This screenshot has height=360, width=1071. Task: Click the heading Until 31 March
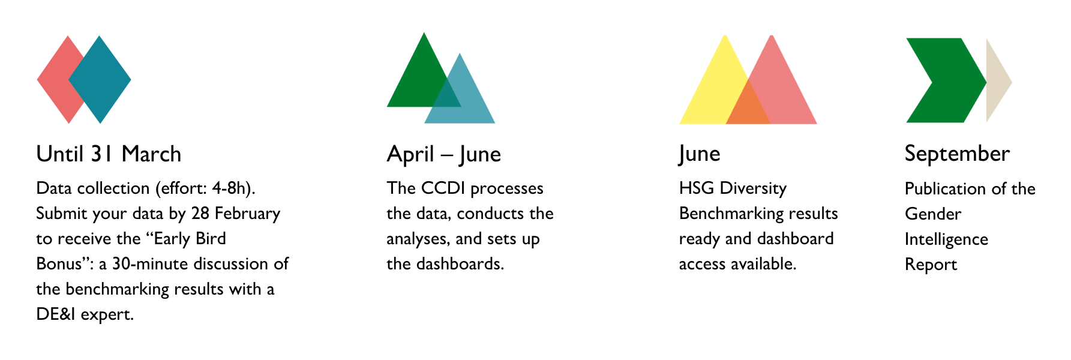point(109,154)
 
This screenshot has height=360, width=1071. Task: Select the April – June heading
point(444,155)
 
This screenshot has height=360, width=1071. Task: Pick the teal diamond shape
point(100,80)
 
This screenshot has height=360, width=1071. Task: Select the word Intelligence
point(946,239)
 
